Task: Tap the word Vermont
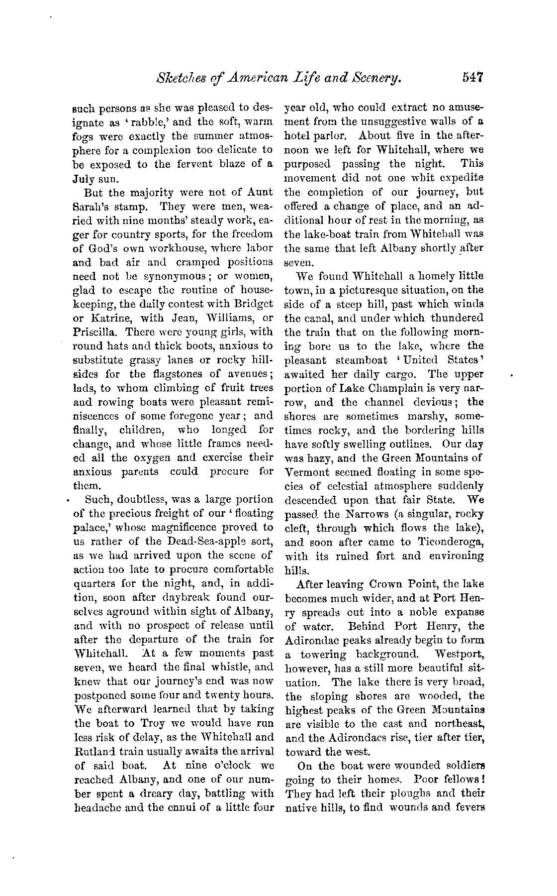(307, 471)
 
